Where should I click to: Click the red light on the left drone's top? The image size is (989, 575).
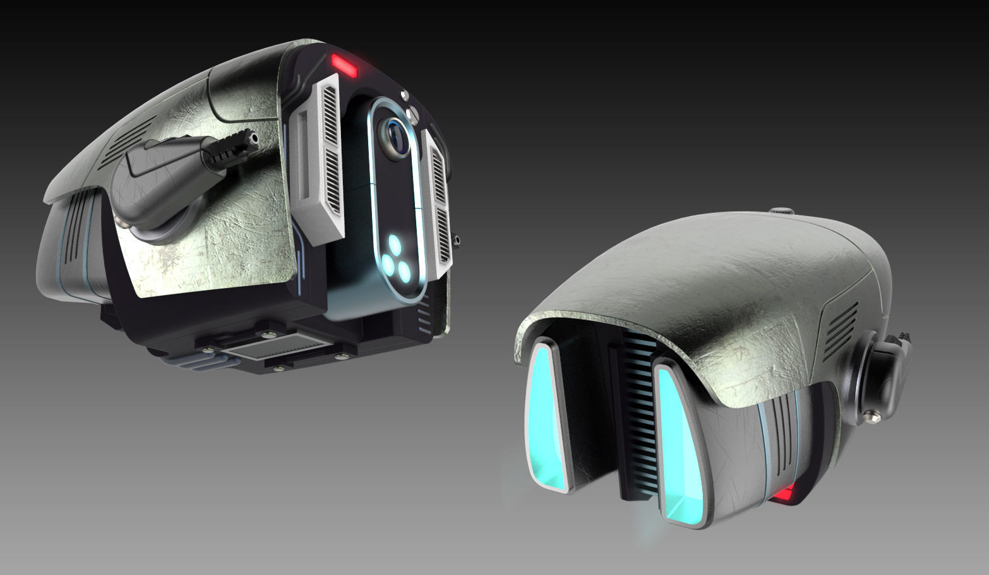coord(344,63)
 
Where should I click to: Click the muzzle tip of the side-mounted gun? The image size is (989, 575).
coord(253,136)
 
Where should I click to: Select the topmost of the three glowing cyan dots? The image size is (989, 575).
coord(396,242)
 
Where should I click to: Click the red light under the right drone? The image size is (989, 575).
coord(786,492)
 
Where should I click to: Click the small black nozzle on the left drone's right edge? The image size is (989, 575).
coord(457,240)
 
